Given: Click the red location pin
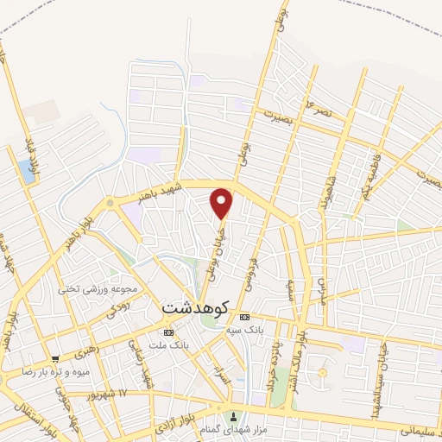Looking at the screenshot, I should pyautogui.click(x=223, y=202).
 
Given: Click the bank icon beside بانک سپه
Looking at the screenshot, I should pyautogui.click(x=244, y=317).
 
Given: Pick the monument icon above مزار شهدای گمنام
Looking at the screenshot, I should pyautogui.click(x=230, y=415).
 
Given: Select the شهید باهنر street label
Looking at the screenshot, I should pyautogui.click(x=153, y=190).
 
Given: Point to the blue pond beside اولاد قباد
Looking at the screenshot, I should pyautogui.click(x=30, y=170).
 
